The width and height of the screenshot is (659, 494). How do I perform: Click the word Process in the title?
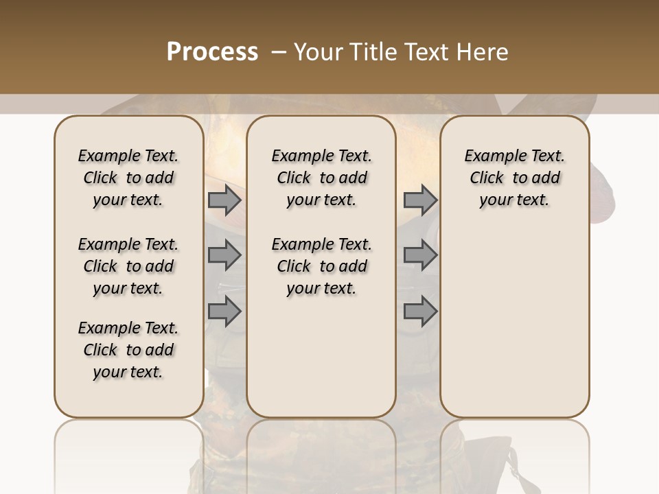pyautogui.click(x=212, y=52)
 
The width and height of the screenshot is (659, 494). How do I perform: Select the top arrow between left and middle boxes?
pyautogui.click(x=224, y=200)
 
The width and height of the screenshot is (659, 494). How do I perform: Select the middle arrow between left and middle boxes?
pyautogui.click(x=224, y=255)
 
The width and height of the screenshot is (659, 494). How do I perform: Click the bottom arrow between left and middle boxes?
pyautogui.click(x=224, y=311)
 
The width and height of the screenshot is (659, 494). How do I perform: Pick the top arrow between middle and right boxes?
pyautogui.click(x=420, y=200)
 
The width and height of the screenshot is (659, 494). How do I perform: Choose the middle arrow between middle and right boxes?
pyautogui.click(x=420, y=255)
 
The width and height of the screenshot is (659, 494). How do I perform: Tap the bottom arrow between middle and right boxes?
pyautogui.click(x=420, y=311)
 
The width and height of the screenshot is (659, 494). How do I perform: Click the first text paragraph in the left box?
pyautogui.click(x=128, y=178)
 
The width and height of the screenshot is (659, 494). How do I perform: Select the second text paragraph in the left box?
pyautogui.click(x=128, y=266)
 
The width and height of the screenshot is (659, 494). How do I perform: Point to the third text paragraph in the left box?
pyautogui.click(x=128, y=350)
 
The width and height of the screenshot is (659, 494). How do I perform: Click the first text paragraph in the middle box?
pyautogui.click(x=321, y=178)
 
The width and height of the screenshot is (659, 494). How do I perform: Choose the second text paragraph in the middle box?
pyautogui.click(x=321, y=266)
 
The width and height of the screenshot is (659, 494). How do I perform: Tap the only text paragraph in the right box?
pyautogui.click(x=515, y=178)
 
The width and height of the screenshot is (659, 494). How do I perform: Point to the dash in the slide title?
pyautogui.click(x=279, y=52)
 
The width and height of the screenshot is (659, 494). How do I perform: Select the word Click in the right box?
pyautogui.click(x=487, y=178)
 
